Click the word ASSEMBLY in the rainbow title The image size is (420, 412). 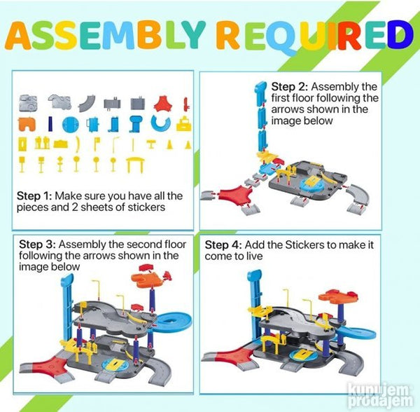[106, 35]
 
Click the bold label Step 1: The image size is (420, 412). [34, 196]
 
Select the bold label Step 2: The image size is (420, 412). [289, 87]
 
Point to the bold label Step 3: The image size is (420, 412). [37, 245]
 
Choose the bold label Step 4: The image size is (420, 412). [223, 245]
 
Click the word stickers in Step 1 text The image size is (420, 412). [146, 207]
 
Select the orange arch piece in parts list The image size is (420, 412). [27, 125]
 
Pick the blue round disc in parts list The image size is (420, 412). [71, 125]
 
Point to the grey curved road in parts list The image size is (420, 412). [87, 103]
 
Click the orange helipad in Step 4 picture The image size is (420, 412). [338, 297]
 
